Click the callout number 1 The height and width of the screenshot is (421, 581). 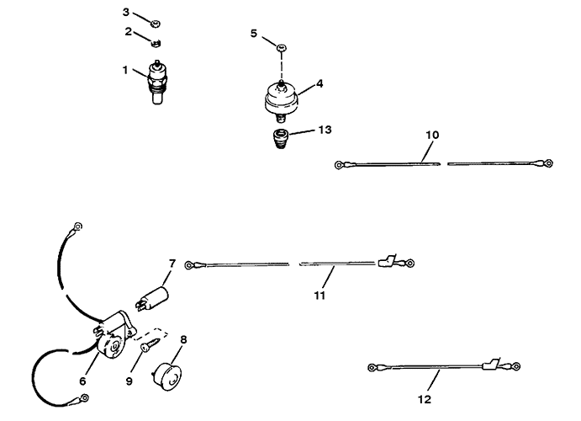125,70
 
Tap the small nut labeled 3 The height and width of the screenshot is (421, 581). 156,24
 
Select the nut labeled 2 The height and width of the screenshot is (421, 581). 156,44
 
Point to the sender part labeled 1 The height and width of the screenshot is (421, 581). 158,82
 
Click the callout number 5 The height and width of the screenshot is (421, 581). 253,34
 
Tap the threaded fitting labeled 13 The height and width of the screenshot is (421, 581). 280,138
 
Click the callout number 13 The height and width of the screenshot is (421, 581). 325,130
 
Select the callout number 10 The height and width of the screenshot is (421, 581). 432,135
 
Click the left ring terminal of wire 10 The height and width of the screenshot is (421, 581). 338,165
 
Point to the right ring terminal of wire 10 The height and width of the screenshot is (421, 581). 549,163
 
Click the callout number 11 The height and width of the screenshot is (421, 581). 320,296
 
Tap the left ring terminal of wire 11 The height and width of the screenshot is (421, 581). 189,265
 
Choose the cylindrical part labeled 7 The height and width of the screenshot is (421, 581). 153,297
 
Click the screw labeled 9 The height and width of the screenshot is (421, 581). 151,344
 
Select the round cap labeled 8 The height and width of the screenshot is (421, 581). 166,375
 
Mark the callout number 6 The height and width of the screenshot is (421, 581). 82,381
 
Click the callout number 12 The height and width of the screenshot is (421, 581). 425,399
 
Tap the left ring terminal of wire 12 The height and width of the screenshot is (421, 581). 372,368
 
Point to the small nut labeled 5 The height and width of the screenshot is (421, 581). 282,48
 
